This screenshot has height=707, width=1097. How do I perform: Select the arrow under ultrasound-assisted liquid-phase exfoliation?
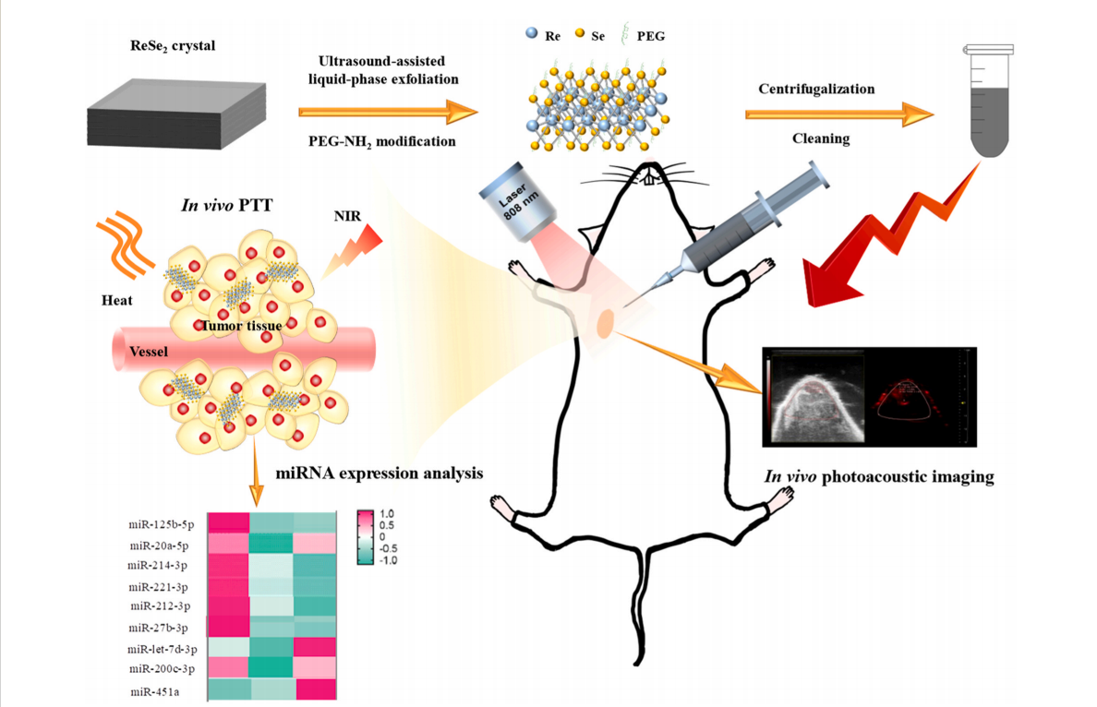point(388,113)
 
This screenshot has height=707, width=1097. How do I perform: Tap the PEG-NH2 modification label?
point(382,142)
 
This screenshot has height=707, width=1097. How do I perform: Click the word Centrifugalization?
point(816,89)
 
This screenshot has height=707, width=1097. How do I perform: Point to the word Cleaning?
point(817,140)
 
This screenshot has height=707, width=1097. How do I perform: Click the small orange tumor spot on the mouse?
point(607,322)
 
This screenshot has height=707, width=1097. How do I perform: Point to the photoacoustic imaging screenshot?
point(869,396)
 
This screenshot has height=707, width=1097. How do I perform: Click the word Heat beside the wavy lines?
point(118,301)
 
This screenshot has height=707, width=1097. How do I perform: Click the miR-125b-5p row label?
point(162,524)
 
